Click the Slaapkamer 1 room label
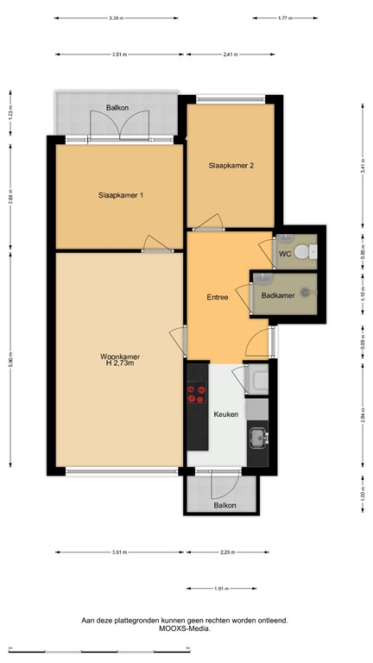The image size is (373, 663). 120,195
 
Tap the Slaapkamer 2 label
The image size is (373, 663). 231,167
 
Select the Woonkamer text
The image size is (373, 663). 120,357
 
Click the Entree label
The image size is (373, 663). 217,298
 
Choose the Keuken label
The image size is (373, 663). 225,414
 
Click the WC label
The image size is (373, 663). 284,254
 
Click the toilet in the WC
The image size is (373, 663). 303,250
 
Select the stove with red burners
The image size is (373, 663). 197,394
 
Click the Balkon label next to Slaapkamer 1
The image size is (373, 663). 117,108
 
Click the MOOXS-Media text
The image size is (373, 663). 184,628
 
